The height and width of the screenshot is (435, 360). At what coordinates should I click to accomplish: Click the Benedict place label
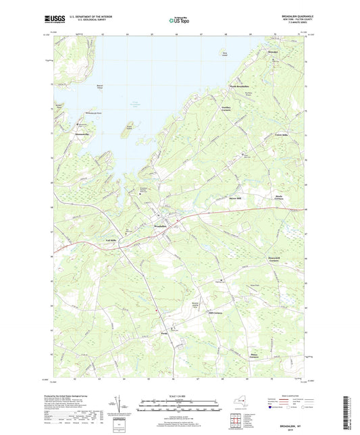[273, 52]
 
